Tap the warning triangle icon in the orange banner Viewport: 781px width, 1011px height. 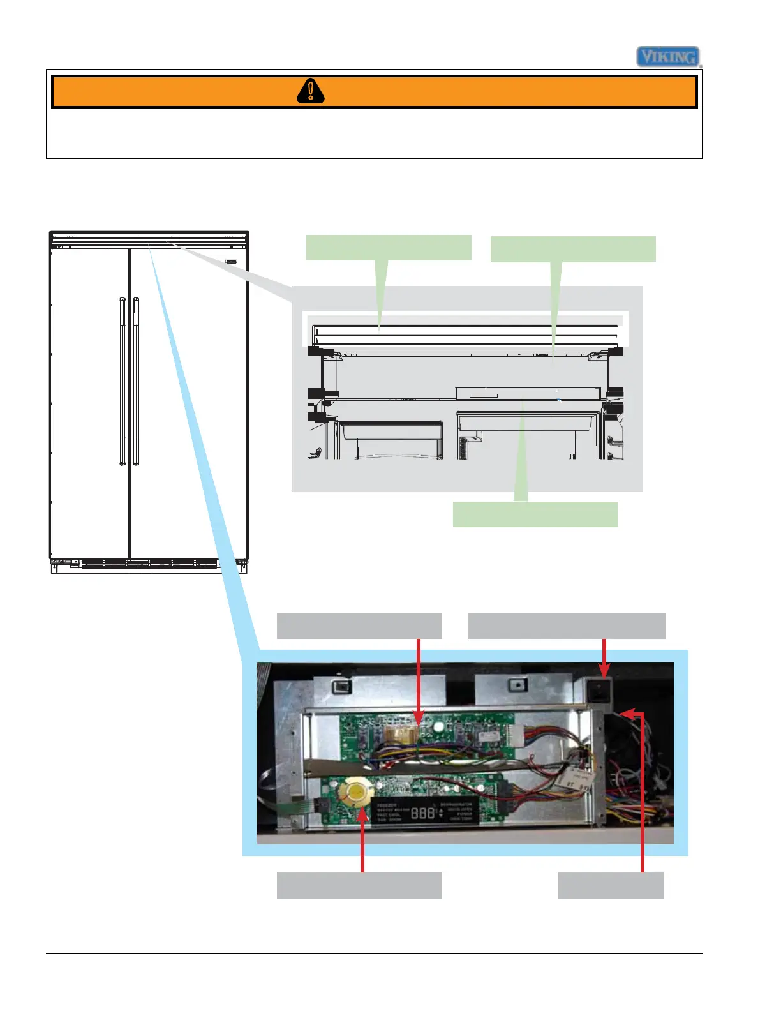[311, 91]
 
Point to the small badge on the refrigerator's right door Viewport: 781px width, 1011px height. [232, 261]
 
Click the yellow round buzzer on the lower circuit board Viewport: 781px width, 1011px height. [355, 793]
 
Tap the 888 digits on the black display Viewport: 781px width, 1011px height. [422, 813]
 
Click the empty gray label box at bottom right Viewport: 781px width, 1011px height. [611, 885]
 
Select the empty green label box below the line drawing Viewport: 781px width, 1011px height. [535, 514]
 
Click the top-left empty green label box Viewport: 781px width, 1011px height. [389, 248]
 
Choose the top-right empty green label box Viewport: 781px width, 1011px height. [573, 249]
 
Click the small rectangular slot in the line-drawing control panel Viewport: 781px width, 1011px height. [483, 396]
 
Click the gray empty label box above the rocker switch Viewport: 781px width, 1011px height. [567, 625]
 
